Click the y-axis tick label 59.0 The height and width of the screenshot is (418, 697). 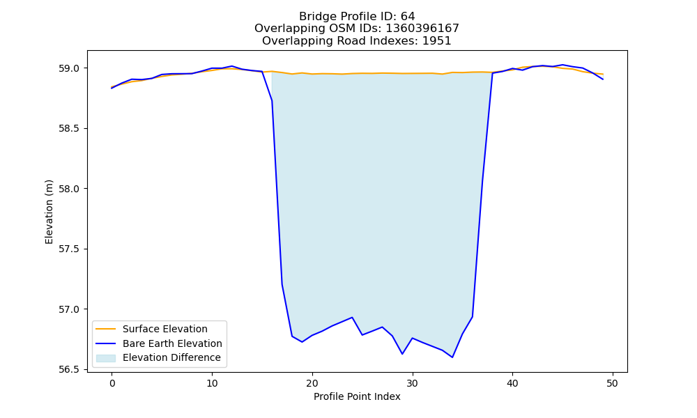[x=68, y=68]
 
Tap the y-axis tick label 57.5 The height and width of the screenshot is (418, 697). [x=68, y=249]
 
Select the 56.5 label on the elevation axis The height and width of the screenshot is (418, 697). [x=68, y=369]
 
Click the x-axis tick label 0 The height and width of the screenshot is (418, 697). [x=112, y=383]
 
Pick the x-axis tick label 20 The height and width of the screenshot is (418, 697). [x=312, y=383]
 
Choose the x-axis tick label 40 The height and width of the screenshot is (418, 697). [x=512, y=383]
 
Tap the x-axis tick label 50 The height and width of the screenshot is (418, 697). [x=613, y=383]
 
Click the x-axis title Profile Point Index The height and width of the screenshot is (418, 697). [x=357, y=396]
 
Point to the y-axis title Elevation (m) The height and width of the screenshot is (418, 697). [x=49, y=212]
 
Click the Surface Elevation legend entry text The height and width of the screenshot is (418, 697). [x=165, y=329]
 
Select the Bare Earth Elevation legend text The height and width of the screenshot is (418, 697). [x=172, y=343]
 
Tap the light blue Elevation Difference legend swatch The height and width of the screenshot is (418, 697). [x=106, y=358]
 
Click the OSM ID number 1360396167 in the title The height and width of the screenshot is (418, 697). [x=422, y=29]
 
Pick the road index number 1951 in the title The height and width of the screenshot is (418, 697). [x=436, y=41]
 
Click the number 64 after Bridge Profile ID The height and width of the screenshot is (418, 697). [x=408, y=17]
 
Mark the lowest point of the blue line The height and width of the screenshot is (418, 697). [x=452, y=357]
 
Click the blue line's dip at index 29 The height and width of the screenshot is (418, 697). [x=402, y=354]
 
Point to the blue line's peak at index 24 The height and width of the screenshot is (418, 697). [x=352, y=317]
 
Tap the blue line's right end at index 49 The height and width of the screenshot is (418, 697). [x=603, y=79]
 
